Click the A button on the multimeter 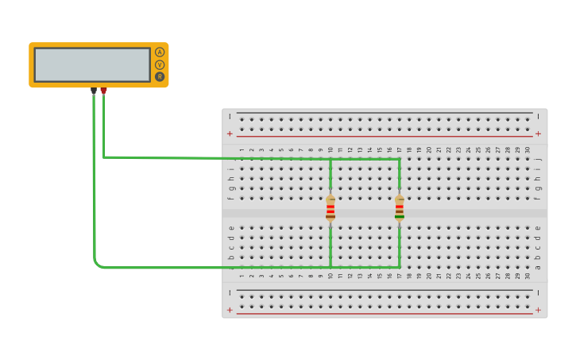160,52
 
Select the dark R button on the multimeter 160,77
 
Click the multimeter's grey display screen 92,64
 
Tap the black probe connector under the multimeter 94,91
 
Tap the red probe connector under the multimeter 103,91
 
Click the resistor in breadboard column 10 331,208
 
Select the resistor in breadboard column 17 400,208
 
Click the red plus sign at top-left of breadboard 230,134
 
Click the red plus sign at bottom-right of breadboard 538,310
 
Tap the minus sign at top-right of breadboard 538,116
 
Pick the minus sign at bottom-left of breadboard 230,292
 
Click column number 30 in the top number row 528,149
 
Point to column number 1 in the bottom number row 242,276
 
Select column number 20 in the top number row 429,149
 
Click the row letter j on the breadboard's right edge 538,158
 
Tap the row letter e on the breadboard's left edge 231,227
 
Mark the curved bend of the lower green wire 97,264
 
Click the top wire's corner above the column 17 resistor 399,159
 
